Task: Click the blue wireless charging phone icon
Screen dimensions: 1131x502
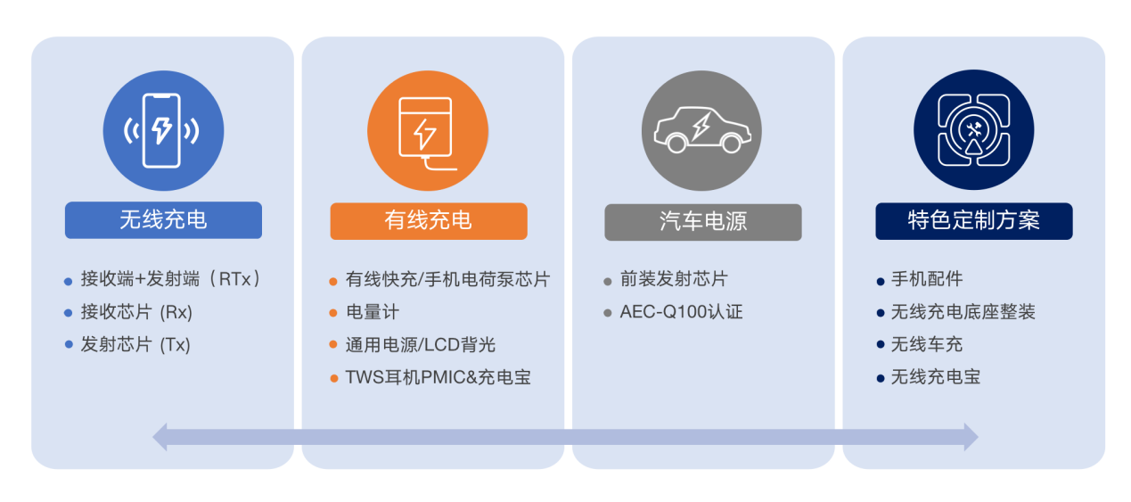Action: tap(163, 130)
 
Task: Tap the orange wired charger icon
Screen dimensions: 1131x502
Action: tap(428, 130)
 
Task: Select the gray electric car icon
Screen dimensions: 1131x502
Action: tap(701, 130)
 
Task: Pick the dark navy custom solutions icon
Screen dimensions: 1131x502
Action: tap(973, 130)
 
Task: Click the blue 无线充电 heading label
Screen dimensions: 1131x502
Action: tap(163, 220)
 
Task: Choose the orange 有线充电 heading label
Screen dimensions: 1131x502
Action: tap(428, 221)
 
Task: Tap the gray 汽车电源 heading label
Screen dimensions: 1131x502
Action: tap(703, 222)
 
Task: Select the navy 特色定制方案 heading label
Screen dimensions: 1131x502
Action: tap(974, 221)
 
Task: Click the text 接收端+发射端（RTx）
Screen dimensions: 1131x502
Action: tap(170, 279)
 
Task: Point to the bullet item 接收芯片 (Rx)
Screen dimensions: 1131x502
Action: tap(136, 312)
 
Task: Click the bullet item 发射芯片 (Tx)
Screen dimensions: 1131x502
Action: tap(135, 344)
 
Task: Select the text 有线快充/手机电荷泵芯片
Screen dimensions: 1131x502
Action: tap(448, 279)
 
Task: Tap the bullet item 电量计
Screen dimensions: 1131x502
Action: tap(373, 312)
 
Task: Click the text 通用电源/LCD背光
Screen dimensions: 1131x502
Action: tap(421, 344)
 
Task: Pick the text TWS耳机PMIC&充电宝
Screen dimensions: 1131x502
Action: tap(438, 377)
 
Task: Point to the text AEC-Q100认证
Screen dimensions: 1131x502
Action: tap(682, 311)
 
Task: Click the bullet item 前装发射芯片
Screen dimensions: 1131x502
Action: tap(674, 279)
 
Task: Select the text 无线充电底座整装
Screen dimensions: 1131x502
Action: tap(963, 311)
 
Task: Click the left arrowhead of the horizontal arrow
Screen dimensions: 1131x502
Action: tap(160, 437)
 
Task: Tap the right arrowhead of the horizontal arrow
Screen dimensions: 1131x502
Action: tap(971, 437)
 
